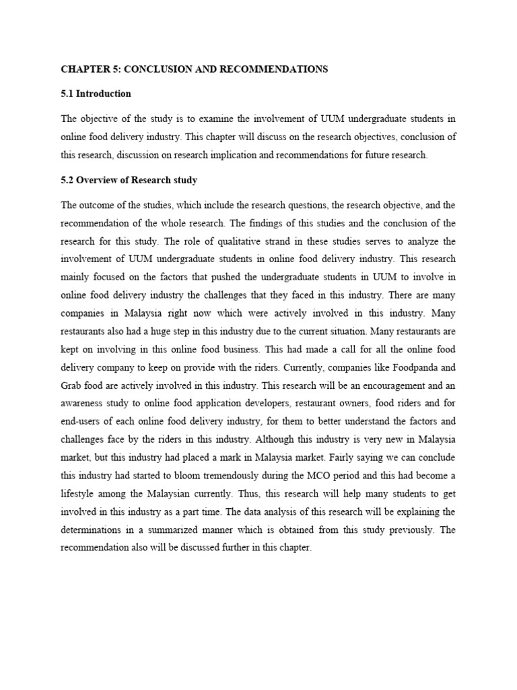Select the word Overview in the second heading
tap(97, 181)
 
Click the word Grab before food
tap(72, 387)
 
